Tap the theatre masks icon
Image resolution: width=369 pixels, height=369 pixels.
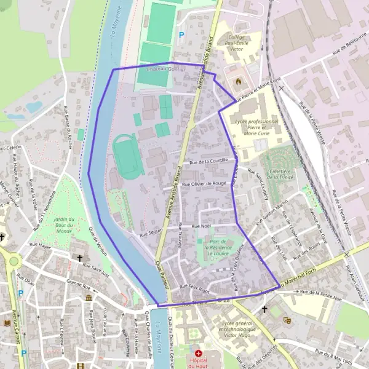pos(287,320)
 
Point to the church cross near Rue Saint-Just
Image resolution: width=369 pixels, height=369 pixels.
pos(79,259)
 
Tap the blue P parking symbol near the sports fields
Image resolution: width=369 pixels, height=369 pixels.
pos(181,36)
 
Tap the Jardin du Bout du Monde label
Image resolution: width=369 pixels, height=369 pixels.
pos(64,226)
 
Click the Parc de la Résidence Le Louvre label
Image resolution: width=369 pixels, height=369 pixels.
pos(218,247)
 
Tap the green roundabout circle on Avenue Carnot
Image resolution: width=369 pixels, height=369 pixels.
pos(14,263)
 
